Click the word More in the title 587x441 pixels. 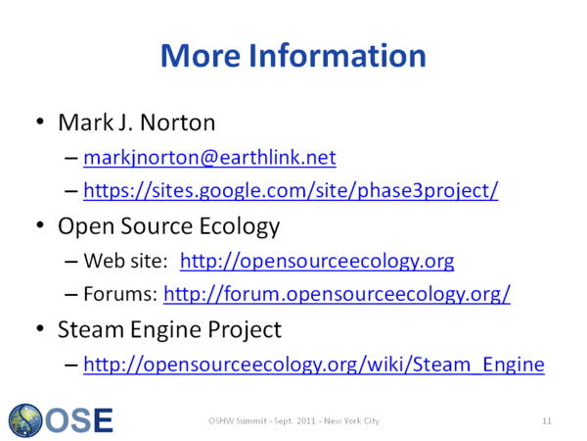point(201,56)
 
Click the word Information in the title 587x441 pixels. point(338,56)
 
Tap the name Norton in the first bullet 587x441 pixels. point(177,122)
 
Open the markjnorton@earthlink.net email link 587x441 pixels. point(209,158)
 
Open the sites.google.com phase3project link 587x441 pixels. point(291,190)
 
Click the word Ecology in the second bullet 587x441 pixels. point(240,227)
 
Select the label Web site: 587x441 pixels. point(126,261)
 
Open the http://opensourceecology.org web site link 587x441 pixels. point(317,261)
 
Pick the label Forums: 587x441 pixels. point(120,294)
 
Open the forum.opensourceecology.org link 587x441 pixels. point(337,294)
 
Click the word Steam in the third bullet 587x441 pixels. point(91,329)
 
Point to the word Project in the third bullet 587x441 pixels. point(245,330)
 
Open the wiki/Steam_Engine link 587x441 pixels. point(314,365)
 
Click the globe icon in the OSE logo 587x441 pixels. point(25,420)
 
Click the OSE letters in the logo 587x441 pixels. point(79,420)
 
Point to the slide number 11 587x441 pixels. point(547,421)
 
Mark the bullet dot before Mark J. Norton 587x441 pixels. point(40,122)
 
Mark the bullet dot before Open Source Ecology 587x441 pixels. point(40,225)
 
